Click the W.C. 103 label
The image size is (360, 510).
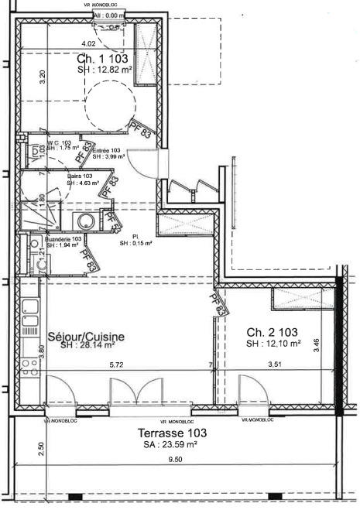[x=60, y=143]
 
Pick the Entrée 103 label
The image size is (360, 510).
[x=107, y=150]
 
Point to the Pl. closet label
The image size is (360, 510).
[x=135, y=236]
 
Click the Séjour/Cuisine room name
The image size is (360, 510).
[x=86, y=337]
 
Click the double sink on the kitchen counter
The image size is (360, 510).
[x=31, y=322]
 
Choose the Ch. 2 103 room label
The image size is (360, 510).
[x=268, y=331]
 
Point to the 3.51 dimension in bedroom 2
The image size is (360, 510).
[x=275, y=364]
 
